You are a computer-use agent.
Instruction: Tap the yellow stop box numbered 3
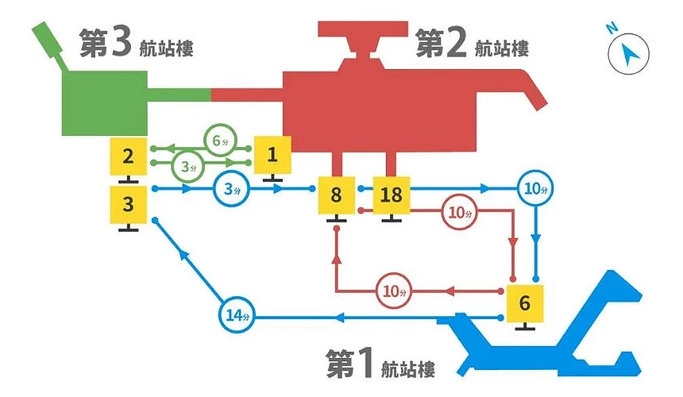[129, 204]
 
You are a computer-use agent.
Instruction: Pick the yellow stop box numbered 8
[336, 195]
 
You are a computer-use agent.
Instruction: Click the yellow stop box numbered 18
[390, 195]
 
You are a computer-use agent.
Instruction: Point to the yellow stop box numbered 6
[524, 303]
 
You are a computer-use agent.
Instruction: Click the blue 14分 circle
[234, 317]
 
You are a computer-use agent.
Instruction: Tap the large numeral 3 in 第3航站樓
[120, 44]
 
